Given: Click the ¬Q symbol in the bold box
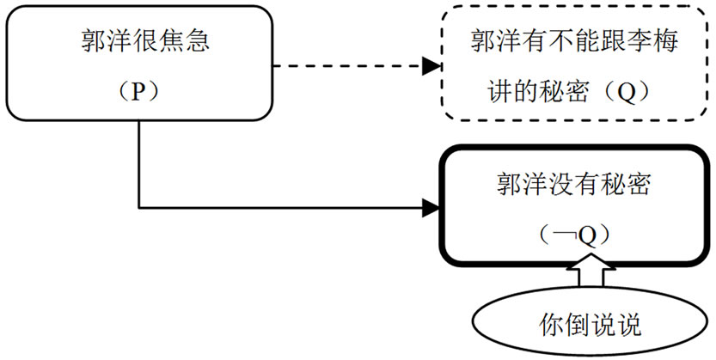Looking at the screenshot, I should [568, 234].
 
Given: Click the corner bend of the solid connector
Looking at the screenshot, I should [140, 206].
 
